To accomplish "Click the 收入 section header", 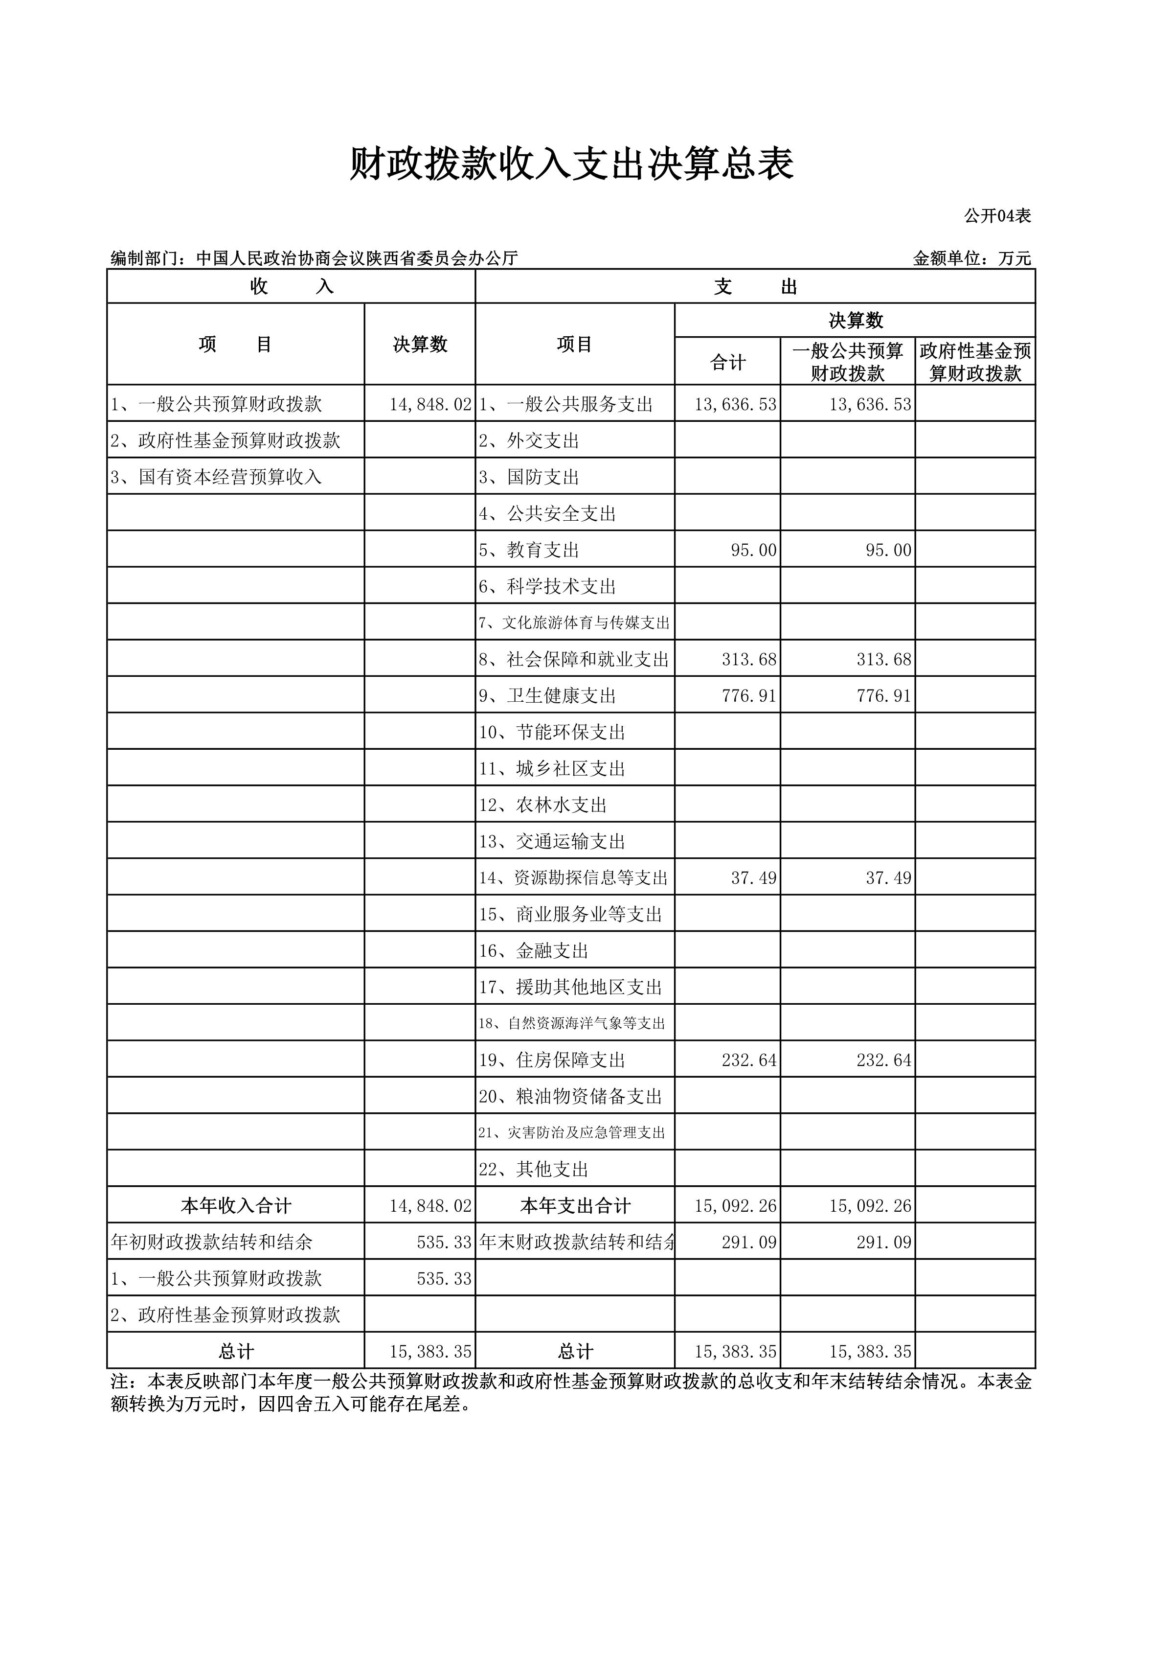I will point(291,287).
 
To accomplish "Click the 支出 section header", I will point(755,287).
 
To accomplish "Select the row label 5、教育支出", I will point(529,550).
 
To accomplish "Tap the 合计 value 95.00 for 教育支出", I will point(753,550).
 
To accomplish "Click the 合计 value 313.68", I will point(749,659).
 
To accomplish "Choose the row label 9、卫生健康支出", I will point(547,695).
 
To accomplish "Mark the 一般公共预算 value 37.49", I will point(888,878).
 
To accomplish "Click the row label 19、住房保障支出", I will point(551,1060).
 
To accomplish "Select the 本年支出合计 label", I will point(575,1206).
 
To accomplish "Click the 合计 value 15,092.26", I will point(735,1206).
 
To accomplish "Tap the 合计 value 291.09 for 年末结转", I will point(749,1242).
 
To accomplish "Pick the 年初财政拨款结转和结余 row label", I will point(212,1242).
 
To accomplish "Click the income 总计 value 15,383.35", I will point(430,1351).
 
